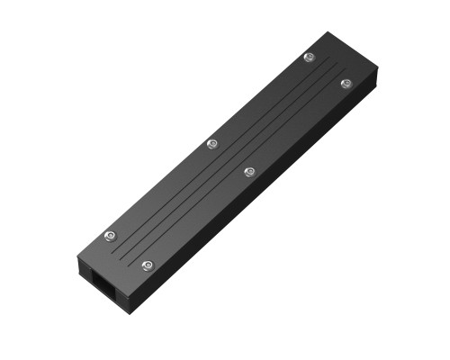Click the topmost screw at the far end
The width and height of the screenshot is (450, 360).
[309, 58]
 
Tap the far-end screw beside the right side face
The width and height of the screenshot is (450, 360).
[346, 83]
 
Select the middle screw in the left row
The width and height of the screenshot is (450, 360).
[212, 143]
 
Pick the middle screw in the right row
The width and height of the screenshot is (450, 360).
[250, 170]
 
